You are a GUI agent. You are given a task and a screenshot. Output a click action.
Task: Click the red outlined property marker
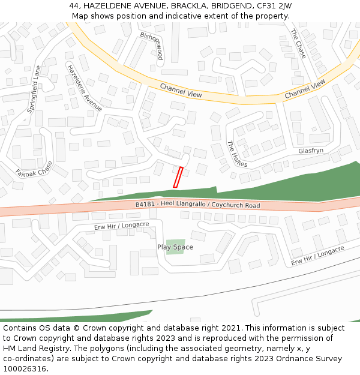point(178,177)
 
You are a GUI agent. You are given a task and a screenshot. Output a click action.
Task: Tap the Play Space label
point(175,247)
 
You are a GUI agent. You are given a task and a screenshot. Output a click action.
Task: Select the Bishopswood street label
point(152,46)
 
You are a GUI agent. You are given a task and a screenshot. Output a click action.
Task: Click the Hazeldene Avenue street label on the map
point(85,88)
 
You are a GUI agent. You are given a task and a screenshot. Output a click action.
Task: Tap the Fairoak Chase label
point(34,172)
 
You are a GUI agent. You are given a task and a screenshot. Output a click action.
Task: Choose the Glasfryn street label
point(311,151)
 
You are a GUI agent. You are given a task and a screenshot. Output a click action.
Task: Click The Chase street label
point(298,44)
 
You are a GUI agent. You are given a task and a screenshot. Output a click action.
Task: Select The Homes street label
point(237,158)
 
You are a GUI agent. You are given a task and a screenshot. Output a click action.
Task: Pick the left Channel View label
point(181,91)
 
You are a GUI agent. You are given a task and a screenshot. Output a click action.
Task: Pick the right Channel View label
point(305,88)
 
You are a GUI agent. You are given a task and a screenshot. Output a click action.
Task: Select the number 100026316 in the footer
point(25,368)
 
